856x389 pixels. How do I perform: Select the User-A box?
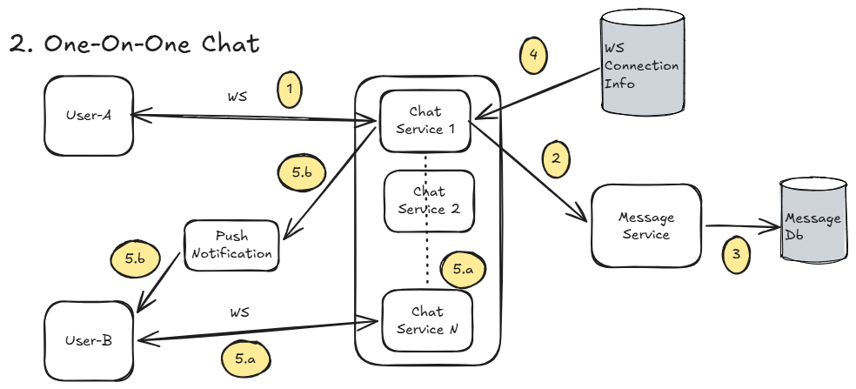click(89, 116)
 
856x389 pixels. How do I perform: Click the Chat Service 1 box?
click(425, 120)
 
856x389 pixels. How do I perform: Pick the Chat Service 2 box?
click(429, 200)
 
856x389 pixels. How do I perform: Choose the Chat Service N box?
click(426, 320)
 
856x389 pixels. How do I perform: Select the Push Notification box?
click(231, 245)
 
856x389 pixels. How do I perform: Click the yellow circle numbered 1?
click(291, 90)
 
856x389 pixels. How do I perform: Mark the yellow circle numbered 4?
click(534, 55)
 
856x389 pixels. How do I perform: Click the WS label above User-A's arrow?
click(237, 97)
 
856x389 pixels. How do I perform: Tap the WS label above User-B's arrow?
click(240, 312)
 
